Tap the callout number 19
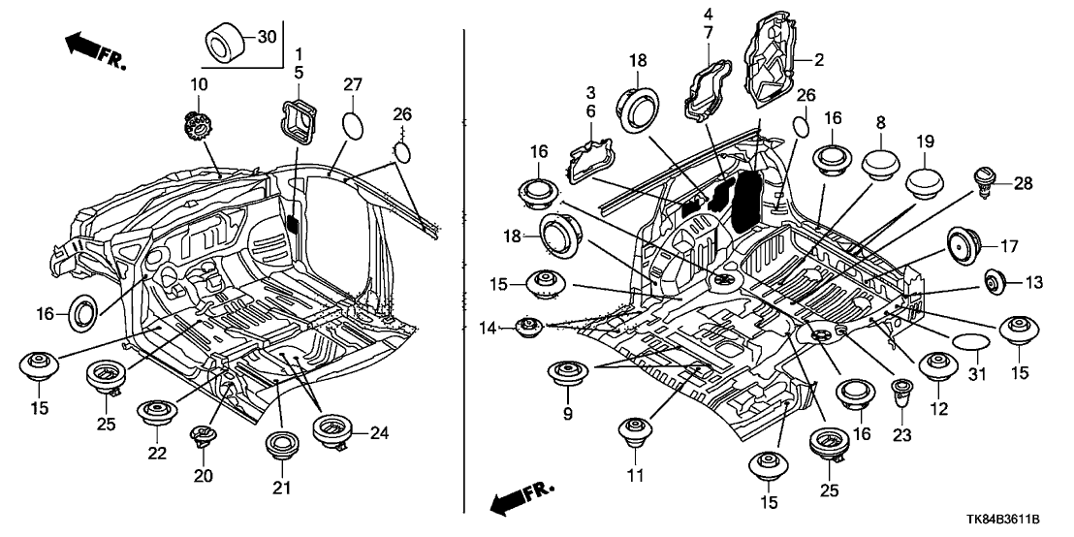(924, 141)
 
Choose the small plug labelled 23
(900, 393)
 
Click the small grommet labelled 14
(528, 328)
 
